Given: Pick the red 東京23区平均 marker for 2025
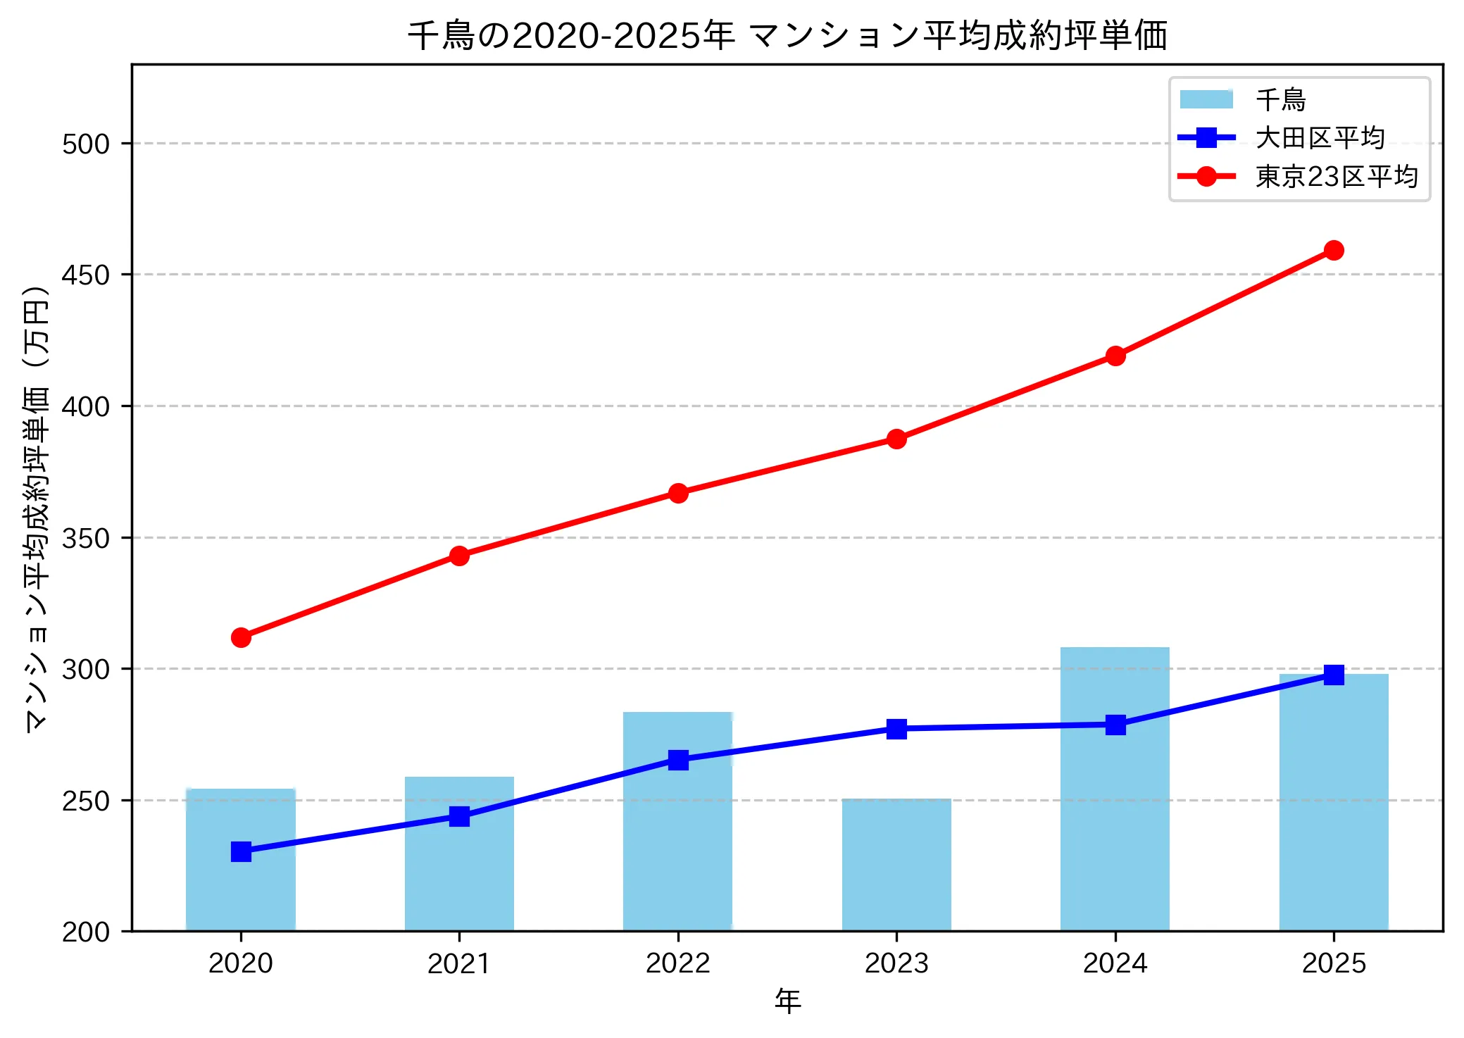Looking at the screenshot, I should coord(1333,250).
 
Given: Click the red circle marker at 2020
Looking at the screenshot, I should coord(241,637).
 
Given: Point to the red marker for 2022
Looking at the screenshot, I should coord(678,493).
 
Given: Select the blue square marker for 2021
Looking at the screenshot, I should coord(459,816).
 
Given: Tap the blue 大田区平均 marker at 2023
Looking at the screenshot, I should coord(896,729).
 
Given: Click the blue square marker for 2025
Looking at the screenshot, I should coord(1333,675).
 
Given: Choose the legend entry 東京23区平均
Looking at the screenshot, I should coord(1336,177).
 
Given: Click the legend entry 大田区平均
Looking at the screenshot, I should coord(1320,138).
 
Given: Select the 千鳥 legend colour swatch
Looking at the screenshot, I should coord(1206,99).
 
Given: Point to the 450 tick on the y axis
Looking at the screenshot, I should coord(86,275).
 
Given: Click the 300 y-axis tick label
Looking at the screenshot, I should coord(86,669).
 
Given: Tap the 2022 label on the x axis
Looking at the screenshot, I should coord(678,963).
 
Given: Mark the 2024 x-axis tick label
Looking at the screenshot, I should coord(1115,963).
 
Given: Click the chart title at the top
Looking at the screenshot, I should coord(787,35).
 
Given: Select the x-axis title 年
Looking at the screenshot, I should coord(787,1001).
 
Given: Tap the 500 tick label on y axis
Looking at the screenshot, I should coord(86,144).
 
